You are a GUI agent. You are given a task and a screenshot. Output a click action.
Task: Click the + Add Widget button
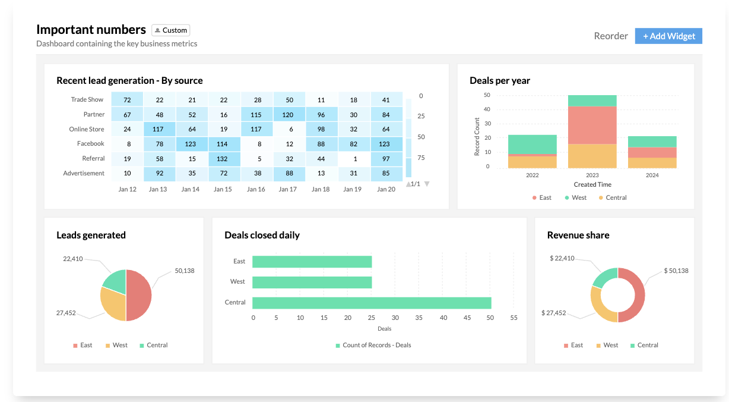click(668, 36)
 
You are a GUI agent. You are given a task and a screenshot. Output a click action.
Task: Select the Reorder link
click(611, 36)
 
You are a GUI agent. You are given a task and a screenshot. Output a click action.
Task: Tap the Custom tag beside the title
click(171, 30)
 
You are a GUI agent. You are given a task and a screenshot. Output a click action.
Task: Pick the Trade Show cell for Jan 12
click(127, 100)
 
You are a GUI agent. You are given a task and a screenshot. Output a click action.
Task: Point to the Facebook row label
click(90, 144)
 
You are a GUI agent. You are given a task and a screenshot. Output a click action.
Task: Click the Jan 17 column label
click(288, 189)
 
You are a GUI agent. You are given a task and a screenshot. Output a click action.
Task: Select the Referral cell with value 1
click(354, 159)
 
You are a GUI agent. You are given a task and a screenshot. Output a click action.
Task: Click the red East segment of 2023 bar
click(592, 125)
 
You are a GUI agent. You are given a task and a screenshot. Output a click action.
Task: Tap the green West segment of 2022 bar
click(532, 145)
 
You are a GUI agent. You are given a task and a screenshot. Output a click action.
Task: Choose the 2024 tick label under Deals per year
click(652, 175)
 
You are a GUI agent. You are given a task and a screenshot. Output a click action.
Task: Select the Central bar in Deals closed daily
click(372, 303)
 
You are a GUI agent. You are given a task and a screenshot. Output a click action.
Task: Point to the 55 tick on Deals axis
click(514, 318)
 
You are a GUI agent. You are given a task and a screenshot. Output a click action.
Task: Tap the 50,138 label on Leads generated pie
click(185, 271)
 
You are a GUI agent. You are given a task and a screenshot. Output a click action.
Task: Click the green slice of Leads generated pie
click(115, 281)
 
